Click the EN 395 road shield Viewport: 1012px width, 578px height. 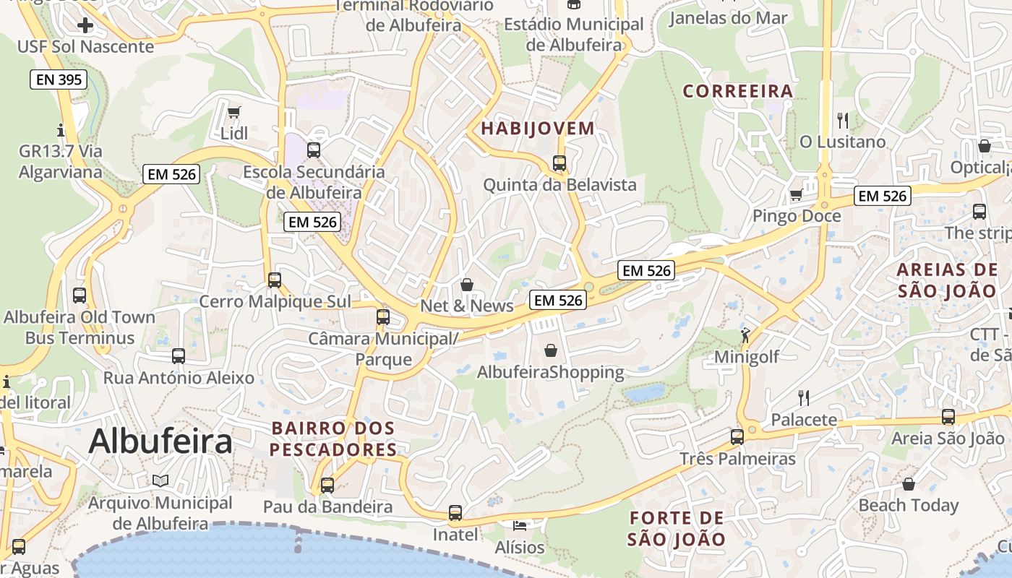tap(59, 79)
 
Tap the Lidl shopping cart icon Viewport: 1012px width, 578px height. tap(233, 112)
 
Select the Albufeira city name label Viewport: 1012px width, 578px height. tap(160, 441)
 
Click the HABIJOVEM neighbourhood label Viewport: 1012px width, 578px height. tap(538, 129)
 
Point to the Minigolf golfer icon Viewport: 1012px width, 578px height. tap(745, 335)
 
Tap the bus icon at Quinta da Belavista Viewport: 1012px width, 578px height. tap(559, 163)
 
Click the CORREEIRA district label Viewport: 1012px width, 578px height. tap(738, 91)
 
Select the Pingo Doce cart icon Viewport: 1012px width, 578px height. tap(796, 194)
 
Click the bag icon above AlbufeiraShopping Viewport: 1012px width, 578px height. tap(551, 350)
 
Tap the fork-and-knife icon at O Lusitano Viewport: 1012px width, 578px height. tap(842, 120)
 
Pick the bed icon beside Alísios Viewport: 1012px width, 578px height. tap(519, 525)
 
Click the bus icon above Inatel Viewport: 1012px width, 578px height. tap(455, 512)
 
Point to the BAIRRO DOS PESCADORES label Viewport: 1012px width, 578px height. tap(333, 439)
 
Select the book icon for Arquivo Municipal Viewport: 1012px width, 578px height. tap(160, 480)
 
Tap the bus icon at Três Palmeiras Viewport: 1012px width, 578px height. tap(737, 436)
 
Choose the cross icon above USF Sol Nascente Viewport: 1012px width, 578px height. tap(85, 26)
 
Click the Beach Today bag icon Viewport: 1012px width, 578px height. tap(909, 483)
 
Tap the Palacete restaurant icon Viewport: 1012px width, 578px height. tap(803, 397)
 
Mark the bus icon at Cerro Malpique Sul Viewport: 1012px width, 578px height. tap(275, 280)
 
